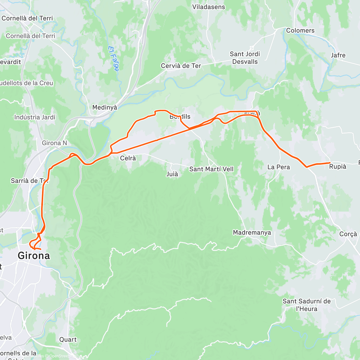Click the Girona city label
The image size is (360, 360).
[x=34, y=256]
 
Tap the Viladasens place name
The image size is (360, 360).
[x=208, y=7]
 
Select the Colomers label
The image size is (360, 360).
[x=300, y=31]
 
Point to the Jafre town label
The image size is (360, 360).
[x=338, y=55]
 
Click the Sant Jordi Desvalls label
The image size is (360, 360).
[x=245, y=58]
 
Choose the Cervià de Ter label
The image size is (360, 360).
[x=181, y=66]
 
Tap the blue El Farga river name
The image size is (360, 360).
[x=113, y=58]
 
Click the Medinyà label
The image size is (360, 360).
[x=105, y=107]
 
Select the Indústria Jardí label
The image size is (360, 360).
[x=35, y=117]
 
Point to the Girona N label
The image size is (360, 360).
[x=54, y=143]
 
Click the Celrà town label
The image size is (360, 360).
[x=128, y=158]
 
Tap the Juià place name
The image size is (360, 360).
[x=172, y=174]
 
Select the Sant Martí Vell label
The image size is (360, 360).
[x=211, y=169]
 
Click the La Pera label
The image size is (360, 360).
[x=278, y=167]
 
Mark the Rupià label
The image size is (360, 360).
[x=337, y=167]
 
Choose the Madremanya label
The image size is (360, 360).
[x=252, y=232]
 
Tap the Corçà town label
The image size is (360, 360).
[x=348, y=234]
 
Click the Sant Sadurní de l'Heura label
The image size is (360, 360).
[x=306, y=305]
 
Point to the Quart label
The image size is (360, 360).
[x=68, y=340]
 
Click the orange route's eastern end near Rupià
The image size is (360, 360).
[x=330, y=163]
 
